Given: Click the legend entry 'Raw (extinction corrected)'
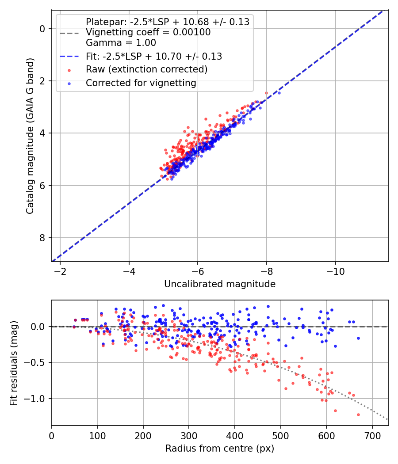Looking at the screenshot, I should coord(146,69).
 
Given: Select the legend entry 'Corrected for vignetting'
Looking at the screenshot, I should coord(141,83).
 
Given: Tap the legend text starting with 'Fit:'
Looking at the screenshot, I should coord(154,56).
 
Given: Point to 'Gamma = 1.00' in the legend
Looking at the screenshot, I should coord(121,43).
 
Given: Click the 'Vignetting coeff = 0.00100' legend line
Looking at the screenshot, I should coord(148,32).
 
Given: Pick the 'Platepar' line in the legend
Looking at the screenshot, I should coord(168,22).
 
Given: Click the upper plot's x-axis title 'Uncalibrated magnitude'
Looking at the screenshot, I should coord(220,284).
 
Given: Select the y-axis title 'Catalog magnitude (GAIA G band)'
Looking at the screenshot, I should coord(30,145).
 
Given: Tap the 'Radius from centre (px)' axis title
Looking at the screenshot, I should coord(220,449).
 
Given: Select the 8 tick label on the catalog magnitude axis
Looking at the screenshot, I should coord(42,238).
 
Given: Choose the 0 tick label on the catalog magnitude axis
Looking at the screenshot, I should coord(42,29).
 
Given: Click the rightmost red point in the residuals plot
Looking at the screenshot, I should coord(358,415).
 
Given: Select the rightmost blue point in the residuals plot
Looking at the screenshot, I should coord(358,338).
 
